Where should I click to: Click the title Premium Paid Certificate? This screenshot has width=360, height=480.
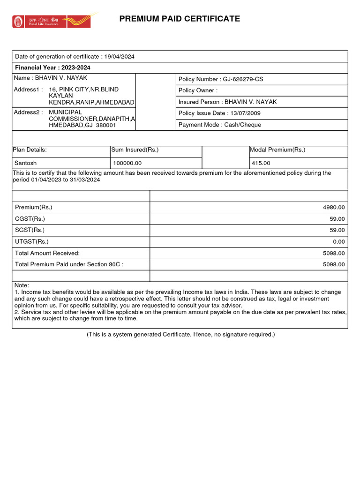[180, 19]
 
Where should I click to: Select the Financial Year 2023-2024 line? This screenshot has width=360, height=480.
[52, 68]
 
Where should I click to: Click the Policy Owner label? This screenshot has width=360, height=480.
[198, 90]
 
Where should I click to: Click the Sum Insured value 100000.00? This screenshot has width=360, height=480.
[127, 163]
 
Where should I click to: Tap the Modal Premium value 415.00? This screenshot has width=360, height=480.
[261, 163]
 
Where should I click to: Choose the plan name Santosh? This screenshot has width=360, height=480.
[26, 163]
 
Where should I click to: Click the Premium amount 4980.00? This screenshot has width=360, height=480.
[334, 208]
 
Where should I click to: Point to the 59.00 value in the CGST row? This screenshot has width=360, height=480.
[337, 219]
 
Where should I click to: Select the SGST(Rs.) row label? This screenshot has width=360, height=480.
[30, 230]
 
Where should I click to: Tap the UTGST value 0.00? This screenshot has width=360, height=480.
[339, 242]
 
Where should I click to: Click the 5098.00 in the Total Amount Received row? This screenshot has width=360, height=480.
[334, 253]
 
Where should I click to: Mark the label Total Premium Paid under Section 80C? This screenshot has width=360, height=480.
[69, 264]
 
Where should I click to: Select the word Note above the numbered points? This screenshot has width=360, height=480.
[22, 285]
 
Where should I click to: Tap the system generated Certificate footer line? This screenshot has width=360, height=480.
[180, 334]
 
